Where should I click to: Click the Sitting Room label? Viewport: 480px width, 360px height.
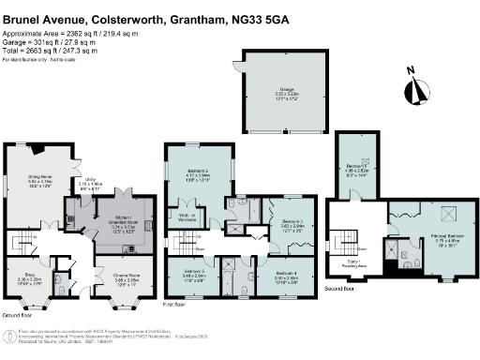(x=37, y=178)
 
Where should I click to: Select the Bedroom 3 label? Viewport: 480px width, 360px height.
(x=293, y=224)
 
